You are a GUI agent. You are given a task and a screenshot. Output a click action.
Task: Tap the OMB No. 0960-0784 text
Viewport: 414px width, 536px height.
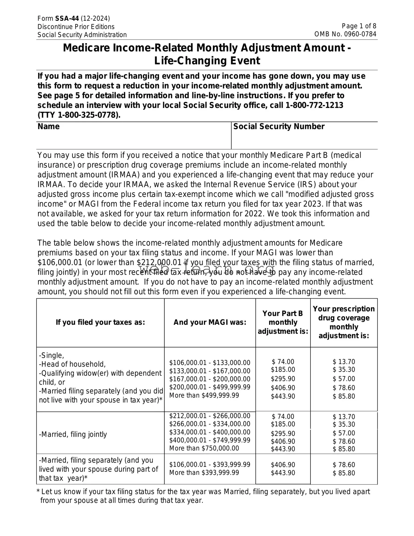pos(345,34)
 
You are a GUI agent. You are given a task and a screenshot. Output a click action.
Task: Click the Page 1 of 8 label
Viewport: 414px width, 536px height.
pos(359,26)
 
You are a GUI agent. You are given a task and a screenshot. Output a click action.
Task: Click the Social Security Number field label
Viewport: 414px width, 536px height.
pos(279,126)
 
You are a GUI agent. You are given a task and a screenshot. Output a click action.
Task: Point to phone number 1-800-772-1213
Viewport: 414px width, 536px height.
pos(314,105)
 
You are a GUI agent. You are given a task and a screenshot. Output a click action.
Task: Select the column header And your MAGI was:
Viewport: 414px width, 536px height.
pos(210,322)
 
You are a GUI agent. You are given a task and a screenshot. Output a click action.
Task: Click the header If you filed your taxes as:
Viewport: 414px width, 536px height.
pos(100,322)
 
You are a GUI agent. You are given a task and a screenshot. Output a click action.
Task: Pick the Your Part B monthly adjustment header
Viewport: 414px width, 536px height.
pos(283,322)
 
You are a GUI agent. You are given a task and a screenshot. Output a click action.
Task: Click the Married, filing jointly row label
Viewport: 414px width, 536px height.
pos(73,434)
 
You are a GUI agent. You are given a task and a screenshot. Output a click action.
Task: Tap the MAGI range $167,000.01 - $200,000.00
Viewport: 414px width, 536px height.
pos(210,379)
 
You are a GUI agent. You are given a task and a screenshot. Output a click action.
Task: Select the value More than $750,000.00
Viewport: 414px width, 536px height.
pos(204,448)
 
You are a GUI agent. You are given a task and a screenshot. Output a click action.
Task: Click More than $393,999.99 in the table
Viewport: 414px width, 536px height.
pos(204,472)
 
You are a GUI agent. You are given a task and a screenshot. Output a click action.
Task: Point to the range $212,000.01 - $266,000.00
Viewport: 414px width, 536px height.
pos(210,416)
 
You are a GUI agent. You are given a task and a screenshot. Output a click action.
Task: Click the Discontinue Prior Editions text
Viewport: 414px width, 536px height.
pos(76,27)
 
